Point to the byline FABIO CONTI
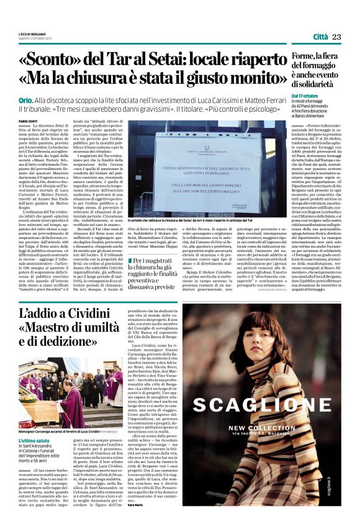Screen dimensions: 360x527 [x=29, y=120]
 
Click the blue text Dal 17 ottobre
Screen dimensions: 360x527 [x=306, y=96]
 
